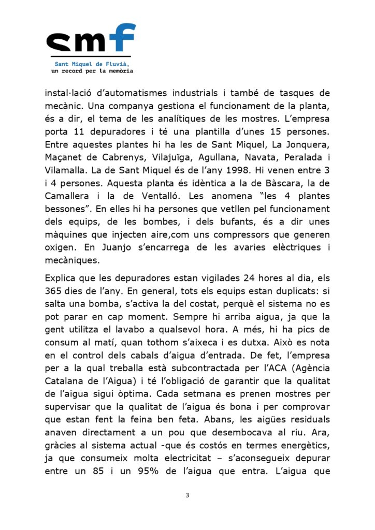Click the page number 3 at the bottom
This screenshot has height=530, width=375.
(187, 495)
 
